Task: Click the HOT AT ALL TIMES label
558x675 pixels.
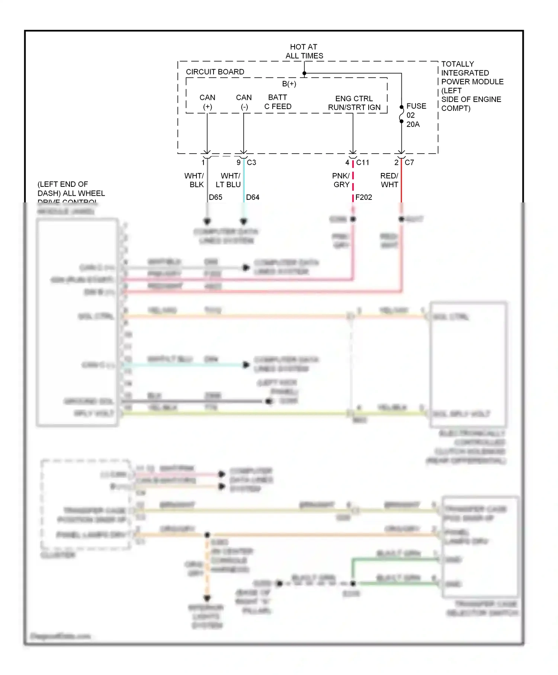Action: click(304, 51)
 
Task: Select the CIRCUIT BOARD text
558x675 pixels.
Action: click(215, 72)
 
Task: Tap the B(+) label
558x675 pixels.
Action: click(289, 84)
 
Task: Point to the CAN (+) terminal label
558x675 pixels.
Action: click(207, 102)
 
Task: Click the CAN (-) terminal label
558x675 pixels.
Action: click(244, 102)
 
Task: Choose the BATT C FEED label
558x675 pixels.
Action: click(278, 102)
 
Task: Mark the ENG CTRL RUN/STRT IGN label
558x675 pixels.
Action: click(354, 103)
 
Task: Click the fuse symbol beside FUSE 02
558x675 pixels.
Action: click(401, 114)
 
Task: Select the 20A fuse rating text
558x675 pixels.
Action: click(413, 124)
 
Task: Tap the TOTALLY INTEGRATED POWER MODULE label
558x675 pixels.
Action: click(472, 86)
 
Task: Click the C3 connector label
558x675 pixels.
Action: click(251, 162)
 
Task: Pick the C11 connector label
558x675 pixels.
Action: click(363, 162)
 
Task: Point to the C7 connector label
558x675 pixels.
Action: click(409, 162)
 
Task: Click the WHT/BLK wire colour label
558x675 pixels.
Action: click(195, 180)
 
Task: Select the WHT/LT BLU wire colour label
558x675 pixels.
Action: click(228, 180)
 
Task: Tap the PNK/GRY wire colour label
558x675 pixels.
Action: click(341, 180)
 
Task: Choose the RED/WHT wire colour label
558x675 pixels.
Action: click(389, 180)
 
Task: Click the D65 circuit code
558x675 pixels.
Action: click(215, 197)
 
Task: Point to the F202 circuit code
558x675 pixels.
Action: click(363, 197)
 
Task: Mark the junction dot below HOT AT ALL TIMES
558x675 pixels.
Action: click(304, 73)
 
